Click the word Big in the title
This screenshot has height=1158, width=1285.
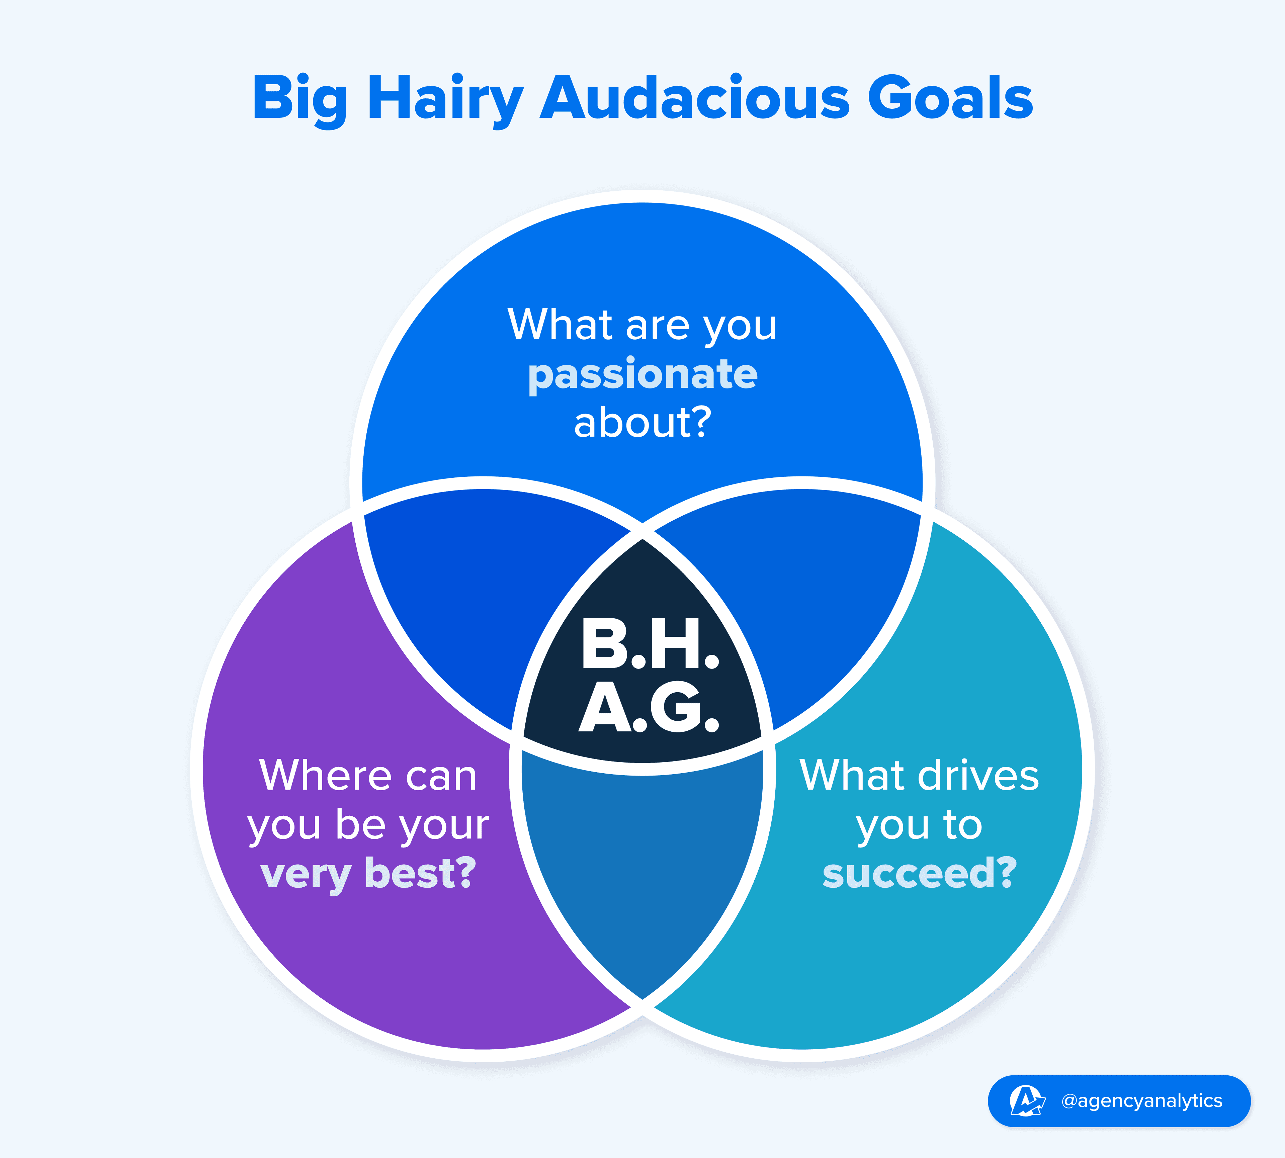[x=301, y=100]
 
